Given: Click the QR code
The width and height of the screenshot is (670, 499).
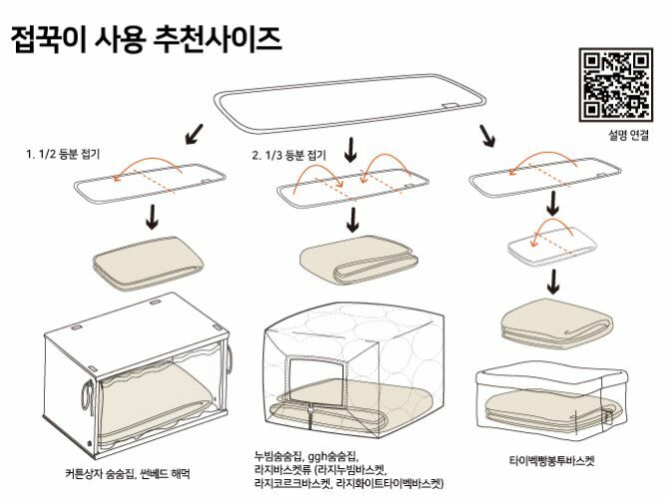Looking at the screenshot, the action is point(616,85).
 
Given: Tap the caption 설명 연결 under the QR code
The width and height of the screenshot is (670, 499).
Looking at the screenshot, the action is point(628,135).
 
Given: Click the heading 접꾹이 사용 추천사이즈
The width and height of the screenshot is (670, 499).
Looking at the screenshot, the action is point(146,39).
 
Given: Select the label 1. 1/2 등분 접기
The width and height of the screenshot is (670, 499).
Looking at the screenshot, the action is point(63,154).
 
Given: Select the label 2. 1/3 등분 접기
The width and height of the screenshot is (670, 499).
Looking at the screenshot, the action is point(289,155).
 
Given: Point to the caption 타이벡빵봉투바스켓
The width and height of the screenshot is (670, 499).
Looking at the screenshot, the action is point(551,461).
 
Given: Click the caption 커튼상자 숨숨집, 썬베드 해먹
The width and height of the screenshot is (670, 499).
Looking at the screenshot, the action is point(128,474).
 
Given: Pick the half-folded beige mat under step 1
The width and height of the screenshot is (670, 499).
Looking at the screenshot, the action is point(148,262).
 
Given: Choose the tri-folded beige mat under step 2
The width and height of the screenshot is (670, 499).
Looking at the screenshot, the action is point(358,259).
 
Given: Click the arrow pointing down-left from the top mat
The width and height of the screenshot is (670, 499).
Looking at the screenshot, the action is point(195,134).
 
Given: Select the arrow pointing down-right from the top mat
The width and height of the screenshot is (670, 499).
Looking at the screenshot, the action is point(487,136).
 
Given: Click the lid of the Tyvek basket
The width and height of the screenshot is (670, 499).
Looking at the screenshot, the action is point(551,376).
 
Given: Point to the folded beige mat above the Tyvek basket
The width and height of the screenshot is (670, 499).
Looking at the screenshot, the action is point(557,320).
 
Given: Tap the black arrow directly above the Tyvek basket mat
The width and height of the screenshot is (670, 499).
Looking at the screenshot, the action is point(553,281).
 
